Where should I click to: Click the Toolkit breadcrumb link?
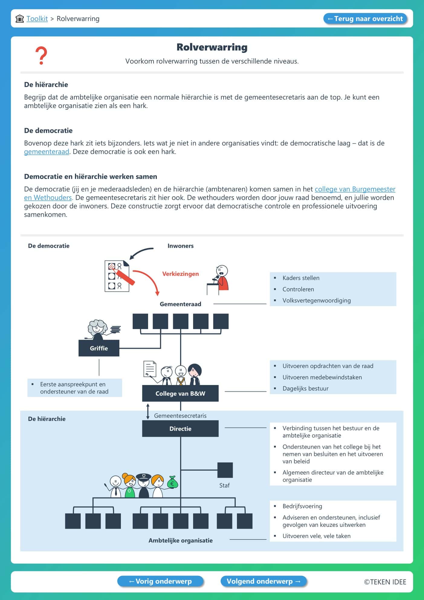click(x=37, y=19)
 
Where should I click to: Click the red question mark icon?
click(x=41, y=55)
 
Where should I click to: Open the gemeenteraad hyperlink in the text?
click(x=47, y=152)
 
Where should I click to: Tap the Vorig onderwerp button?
click(x=160, y=581)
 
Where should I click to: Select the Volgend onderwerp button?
click(x=264, y=581)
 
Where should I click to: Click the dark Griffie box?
click(x=99, y=348)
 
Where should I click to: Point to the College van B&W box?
click(x=180, y=393)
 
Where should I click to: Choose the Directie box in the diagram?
click(x=180, y=429)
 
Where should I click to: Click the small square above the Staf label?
click(x=225, y=470)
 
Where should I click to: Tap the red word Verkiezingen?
click(x=180, y=274)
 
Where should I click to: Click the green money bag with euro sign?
click(x=172, y=482)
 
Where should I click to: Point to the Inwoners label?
click(x=180, y=246)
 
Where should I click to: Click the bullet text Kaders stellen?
click(x=301, y=278)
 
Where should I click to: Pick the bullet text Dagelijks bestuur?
click(x=305, y=388)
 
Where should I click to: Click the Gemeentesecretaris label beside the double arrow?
click(x=180, y=416)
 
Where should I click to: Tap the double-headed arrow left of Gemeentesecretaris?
click(x=148, y=411)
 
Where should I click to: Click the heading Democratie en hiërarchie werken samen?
click(x=91, y=177)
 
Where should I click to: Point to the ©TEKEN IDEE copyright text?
click(x=385, y=582)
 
